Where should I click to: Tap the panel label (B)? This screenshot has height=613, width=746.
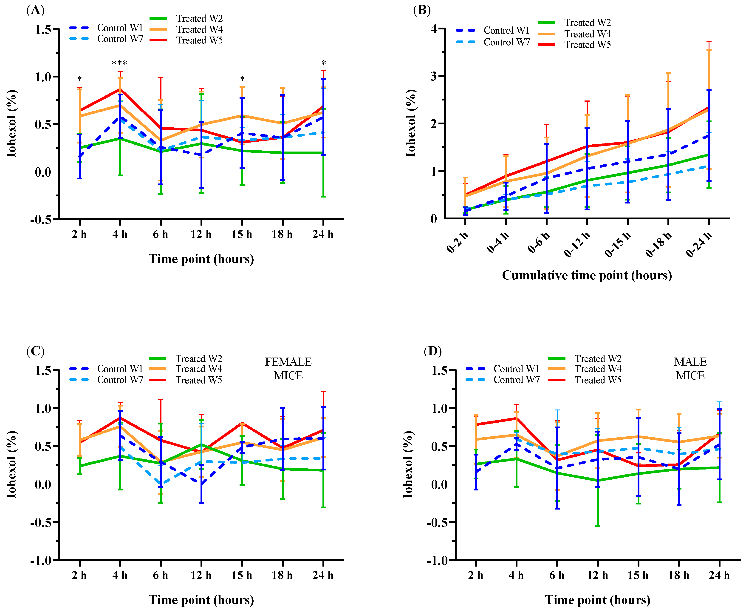(422, 10)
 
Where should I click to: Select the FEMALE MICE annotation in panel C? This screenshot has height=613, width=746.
(288, 369)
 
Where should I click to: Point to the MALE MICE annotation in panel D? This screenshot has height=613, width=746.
(690, 369)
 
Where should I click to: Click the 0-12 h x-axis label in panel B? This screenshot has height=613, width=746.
(577, 244)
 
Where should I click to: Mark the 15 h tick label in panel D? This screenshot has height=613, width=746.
(638, 575)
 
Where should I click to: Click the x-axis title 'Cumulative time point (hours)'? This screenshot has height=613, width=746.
(587, 275)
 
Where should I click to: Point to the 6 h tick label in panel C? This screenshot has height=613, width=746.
(161, 575)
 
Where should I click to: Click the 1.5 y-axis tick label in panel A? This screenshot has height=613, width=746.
(43, 29)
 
